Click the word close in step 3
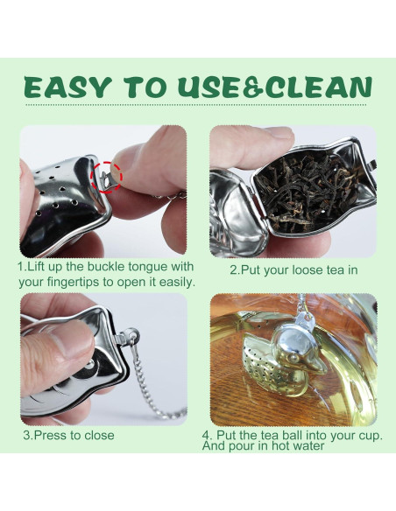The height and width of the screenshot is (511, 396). point(100,436)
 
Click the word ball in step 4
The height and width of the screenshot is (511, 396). point(293,435)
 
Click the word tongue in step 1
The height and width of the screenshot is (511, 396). point(149,267)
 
